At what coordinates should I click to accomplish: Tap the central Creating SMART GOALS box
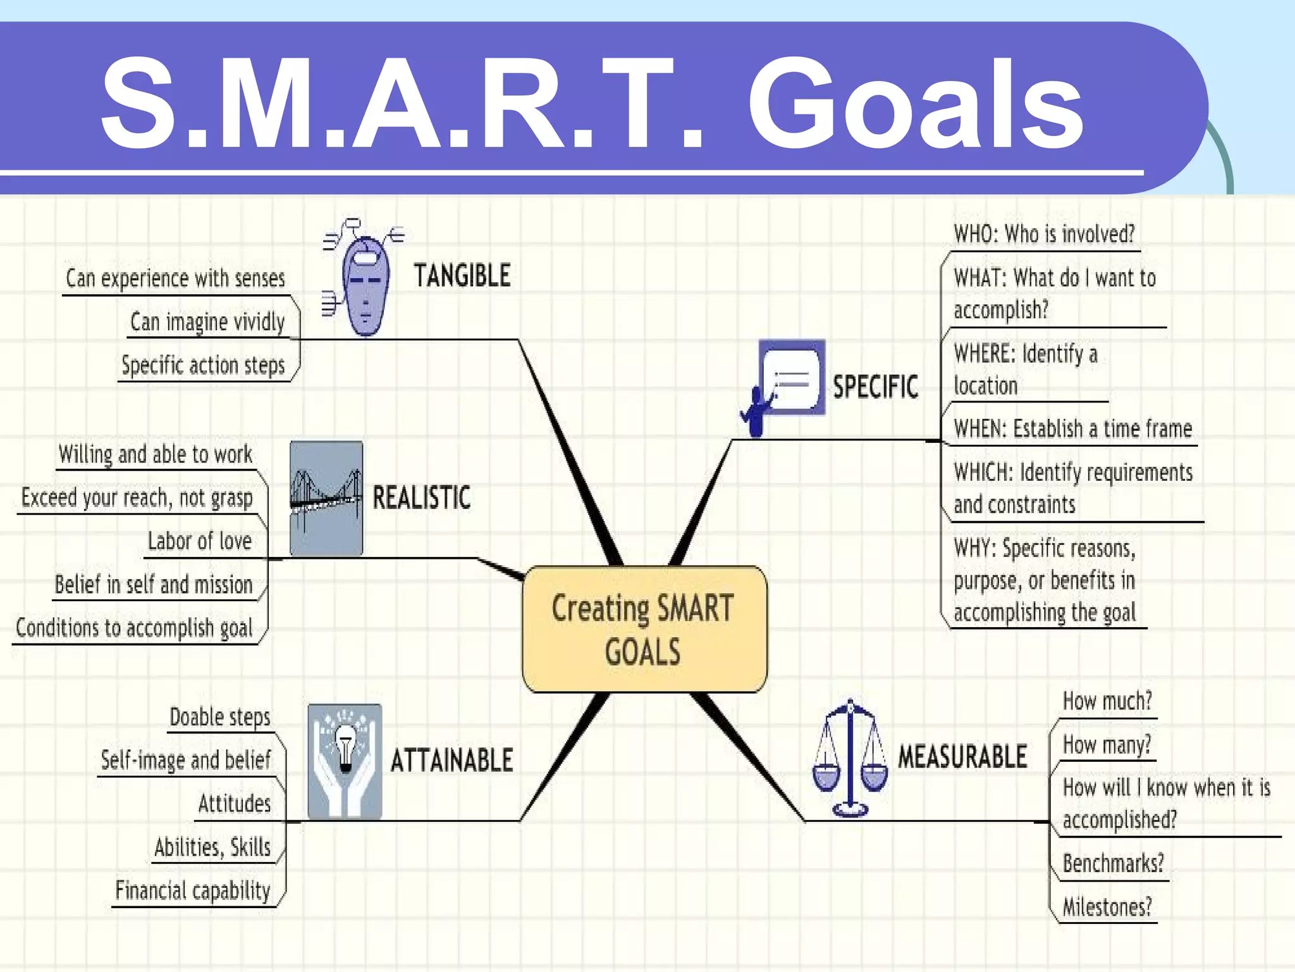644,629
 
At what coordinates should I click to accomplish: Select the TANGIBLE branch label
462,276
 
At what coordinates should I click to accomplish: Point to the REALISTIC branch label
421,497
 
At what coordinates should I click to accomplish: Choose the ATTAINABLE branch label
451,760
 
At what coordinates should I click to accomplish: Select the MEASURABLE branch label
962,757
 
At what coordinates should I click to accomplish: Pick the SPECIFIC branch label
875,387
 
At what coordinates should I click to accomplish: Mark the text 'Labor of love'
200,541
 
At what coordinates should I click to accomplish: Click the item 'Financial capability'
193,890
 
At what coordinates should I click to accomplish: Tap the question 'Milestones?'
1107,907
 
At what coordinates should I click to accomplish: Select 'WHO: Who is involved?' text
1044,234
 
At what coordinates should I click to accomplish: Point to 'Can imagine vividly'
207,322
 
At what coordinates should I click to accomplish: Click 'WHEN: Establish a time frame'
1072,429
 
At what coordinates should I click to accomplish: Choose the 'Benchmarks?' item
1113,863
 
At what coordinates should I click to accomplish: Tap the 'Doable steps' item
220,717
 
